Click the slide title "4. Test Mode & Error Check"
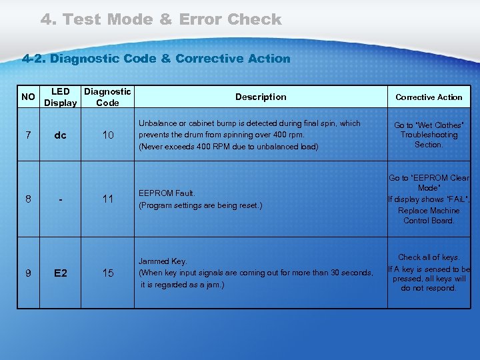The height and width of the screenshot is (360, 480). [x=161, y=19]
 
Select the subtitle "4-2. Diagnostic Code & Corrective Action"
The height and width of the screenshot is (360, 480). [x=157, y=59]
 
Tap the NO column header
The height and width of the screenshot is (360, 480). [x=28, y=97]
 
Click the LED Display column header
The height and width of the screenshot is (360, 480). [x=60, y=97]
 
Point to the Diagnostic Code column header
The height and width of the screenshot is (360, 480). [x=107, y=97]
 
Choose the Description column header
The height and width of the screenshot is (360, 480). [x=261, y=97]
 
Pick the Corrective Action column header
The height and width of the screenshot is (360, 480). [x=429, y=97]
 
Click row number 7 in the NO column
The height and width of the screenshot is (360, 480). [x=28, y=135]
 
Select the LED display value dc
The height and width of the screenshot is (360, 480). [x=60, y=135]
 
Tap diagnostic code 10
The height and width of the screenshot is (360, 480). [x=107, y=135]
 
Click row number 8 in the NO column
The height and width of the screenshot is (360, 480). [x=28, y=199]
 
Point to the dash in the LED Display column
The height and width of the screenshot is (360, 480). [x=60, y=199]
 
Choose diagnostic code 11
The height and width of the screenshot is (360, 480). [x=107, y=199]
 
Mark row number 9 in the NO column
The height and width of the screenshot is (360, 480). [x=28, y=273]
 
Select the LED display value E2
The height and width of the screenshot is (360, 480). [x=60, y=273]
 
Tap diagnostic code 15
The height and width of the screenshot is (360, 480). [x=107, y=273]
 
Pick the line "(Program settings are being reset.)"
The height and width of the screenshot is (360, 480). [x=200, y=205]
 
